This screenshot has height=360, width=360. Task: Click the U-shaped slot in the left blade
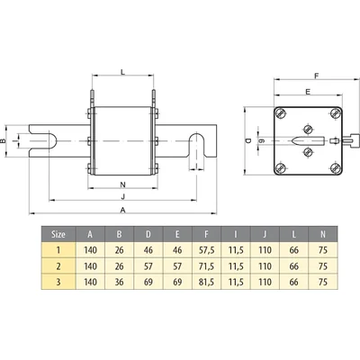tap(50, 140)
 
